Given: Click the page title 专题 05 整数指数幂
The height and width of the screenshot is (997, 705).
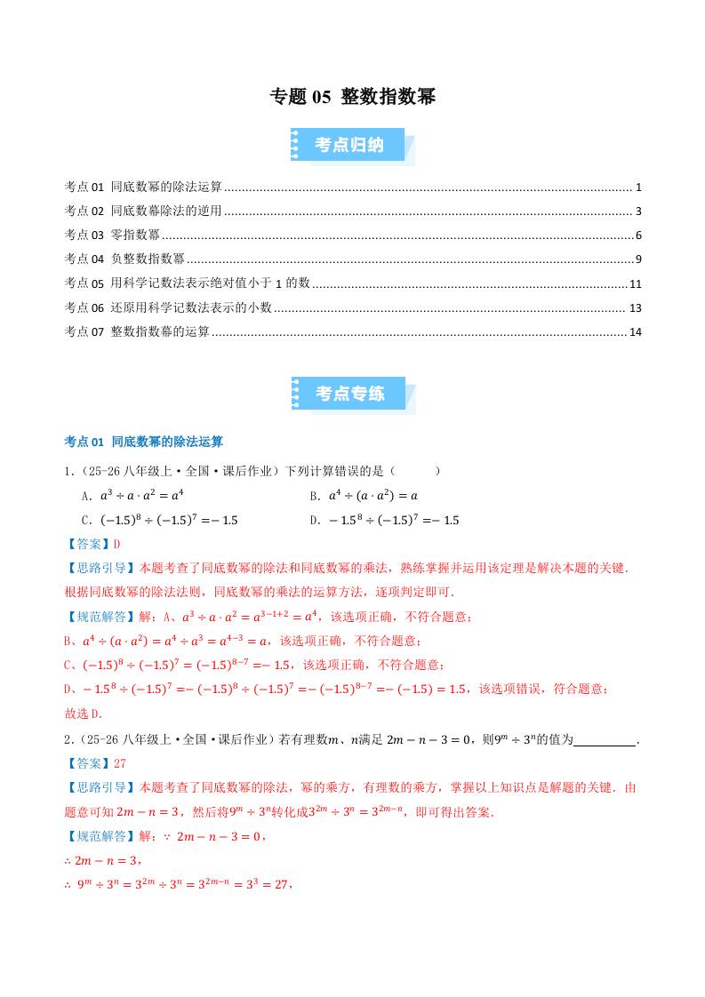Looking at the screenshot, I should click(352, 97).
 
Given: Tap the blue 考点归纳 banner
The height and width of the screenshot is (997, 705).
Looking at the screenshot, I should click(349, 145).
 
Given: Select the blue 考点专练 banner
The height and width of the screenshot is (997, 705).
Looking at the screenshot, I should click(349, 394).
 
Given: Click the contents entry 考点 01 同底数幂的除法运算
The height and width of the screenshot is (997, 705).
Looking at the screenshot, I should click(143, 187).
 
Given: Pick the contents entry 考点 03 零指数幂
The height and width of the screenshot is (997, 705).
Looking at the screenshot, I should click(112, 235).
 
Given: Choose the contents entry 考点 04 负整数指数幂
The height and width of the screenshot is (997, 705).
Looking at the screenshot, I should click(124, 259).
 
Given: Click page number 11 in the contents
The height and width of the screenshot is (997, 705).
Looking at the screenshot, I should click(635, 284).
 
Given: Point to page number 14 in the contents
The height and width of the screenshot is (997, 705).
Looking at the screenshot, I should click(635, 332).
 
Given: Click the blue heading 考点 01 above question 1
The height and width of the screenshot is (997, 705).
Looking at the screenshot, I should click(144, 441).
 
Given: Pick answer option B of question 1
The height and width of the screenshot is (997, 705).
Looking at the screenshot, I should click(364, 496).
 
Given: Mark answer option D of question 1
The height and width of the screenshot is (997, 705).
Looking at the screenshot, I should click(384, 520).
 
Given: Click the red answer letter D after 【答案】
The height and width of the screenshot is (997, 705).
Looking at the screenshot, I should click(116, 544).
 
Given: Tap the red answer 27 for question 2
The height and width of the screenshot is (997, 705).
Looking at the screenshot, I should click(120, 762).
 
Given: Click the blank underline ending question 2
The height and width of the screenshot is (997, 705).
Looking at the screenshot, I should click(606, 739).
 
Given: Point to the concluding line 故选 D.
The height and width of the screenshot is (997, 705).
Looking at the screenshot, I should click(84, 713).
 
